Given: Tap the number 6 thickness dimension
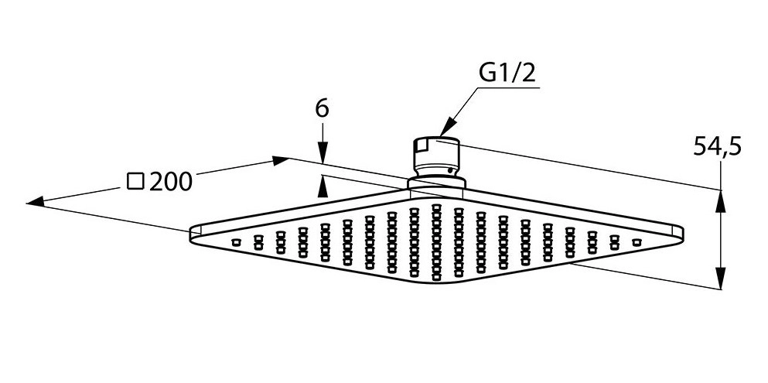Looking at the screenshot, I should [x=323, y=109].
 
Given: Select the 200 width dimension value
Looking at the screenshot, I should [x=169, y=182].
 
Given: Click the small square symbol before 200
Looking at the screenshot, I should [x=135, y=182].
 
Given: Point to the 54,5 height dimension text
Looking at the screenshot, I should [x=716, y=145].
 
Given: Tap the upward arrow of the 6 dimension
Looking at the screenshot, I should [x=323, y=182].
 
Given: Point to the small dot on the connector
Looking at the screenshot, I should [x=448, y=169].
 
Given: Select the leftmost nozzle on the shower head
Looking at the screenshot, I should [x=236, y=243].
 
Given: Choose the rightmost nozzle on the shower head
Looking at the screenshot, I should [x=637, y=243].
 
